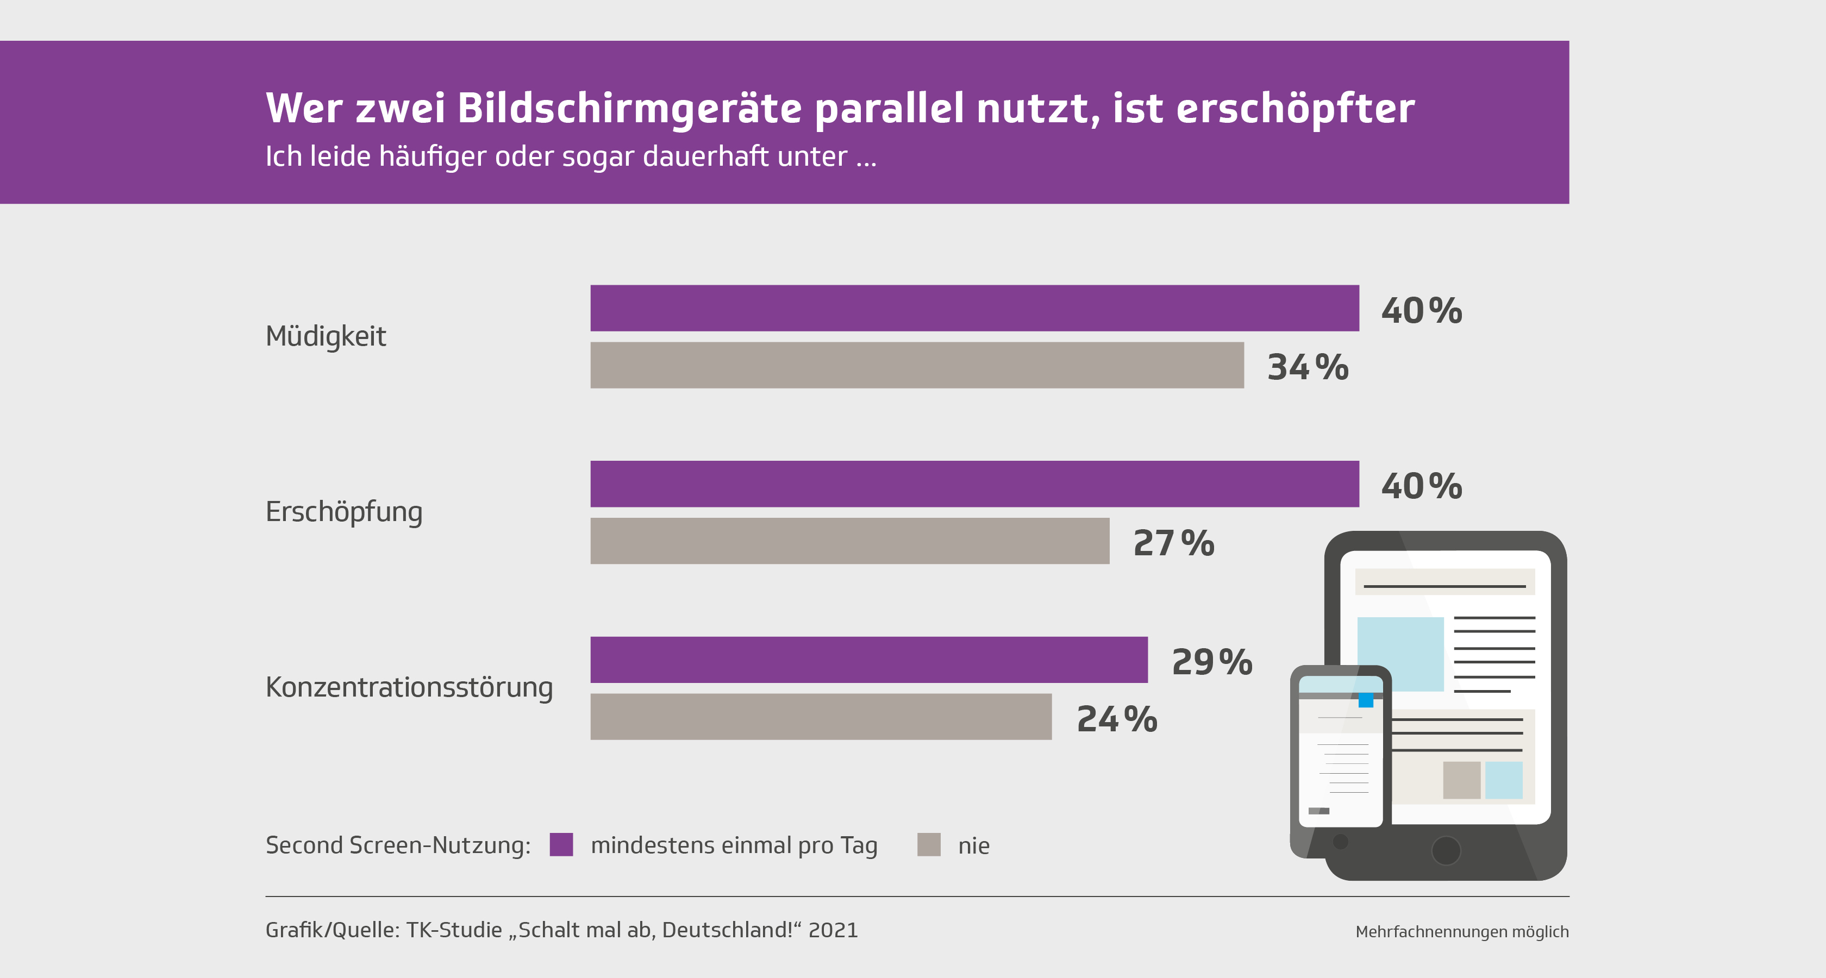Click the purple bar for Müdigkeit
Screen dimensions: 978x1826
974,308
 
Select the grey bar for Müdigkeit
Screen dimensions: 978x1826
917,366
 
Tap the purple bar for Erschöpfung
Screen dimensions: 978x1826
974,484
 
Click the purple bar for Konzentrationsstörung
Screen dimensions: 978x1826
868,660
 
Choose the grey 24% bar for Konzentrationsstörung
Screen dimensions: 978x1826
821,717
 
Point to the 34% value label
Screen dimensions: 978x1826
1308,367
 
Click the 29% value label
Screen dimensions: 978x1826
1212,662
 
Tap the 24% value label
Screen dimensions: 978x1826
1117,719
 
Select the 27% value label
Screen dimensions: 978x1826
1174,543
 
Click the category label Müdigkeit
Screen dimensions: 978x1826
326,336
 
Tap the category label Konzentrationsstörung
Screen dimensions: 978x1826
409,687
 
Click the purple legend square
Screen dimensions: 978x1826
561,845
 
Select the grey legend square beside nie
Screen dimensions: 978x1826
929,845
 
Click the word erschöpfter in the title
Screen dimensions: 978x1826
1295,109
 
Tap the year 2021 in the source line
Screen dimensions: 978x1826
833,930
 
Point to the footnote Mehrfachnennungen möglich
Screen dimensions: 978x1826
1462,932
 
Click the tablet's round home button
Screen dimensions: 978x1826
1446,850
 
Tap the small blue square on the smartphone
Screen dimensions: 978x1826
1366,700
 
